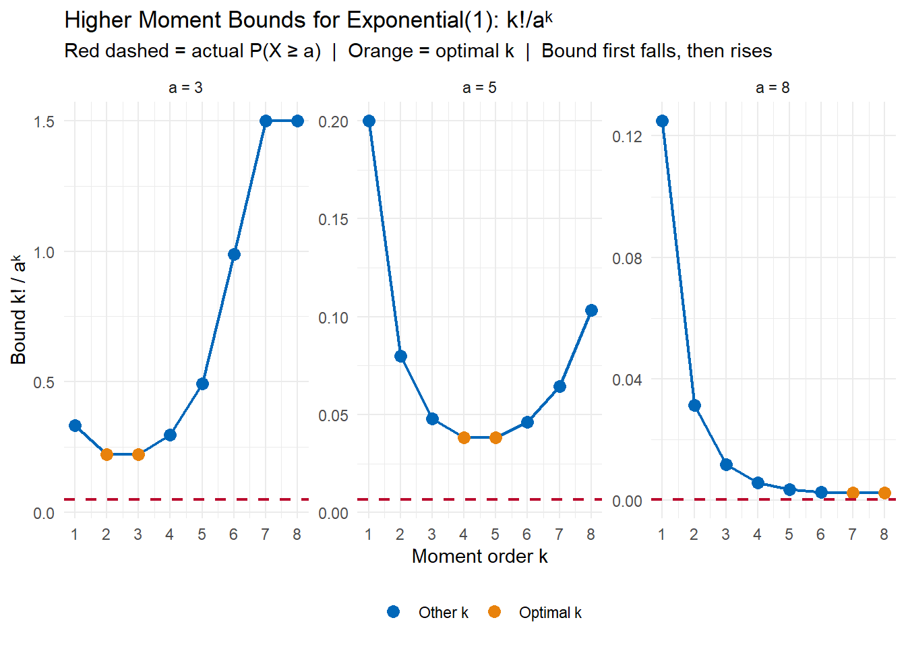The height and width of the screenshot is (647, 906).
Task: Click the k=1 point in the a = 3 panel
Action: (x=75, y=425)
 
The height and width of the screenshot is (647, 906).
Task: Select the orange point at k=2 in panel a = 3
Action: (x=107, y=454)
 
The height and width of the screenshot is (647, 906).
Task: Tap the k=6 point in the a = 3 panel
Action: (x=234, y=254)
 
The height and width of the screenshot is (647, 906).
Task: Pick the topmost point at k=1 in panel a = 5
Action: (x=369, y=121)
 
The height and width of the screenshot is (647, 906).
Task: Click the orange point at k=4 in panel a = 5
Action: (x=464, y=437)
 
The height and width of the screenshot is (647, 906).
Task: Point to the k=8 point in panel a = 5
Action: (x=591, y=310)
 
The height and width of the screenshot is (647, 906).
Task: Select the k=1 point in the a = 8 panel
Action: (x=662, y=121)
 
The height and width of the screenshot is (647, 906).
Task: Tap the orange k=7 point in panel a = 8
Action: (x=853, y=493)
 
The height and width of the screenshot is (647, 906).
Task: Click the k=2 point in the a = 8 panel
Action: (x=694, y=405)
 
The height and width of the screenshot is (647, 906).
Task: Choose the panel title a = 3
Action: (x=185, y=88)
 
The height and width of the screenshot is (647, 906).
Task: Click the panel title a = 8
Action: (x=773, y=88)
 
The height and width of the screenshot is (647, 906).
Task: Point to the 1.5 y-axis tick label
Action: (x=44, y=121)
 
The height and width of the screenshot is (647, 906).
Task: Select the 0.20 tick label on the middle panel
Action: (x=334, y=121)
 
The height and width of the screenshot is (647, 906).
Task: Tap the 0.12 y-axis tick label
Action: (x=627, y=137)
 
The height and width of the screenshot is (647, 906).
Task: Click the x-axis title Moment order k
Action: (x=479, y=556)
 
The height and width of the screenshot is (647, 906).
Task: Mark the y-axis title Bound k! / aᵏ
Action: (x=19, y=310)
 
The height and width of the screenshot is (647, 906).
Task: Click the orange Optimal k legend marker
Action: (x=494, y=612)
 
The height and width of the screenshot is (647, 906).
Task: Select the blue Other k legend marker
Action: (x=394, y=612)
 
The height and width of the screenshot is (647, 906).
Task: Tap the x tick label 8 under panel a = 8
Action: (x=884, y=534)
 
